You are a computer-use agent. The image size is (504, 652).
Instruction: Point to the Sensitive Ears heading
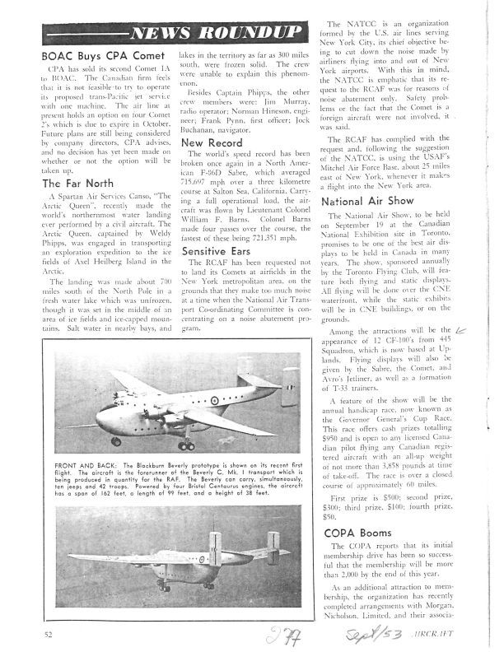coord(218,249)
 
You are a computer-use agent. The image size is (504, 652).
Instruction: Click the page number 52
coord(49,633)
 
